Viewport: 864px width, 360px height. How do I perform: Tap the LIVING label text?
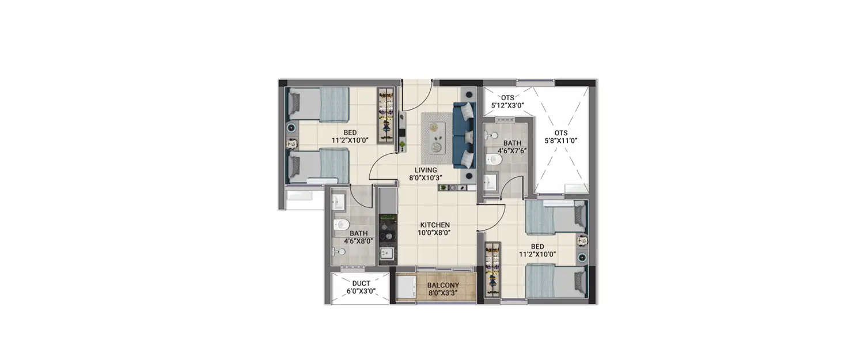426,170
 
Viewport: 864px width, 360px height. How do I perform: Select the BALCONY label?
443,285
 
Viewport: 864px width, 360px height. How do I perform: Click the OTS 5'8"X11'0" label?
561,132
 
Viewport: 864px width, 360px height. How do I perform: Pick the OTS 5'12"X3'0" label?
507,97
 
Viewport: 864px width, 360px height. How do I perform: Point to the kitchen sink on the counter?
386,253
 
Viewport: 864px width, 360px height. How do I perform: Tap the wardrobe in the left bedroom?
386,116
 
